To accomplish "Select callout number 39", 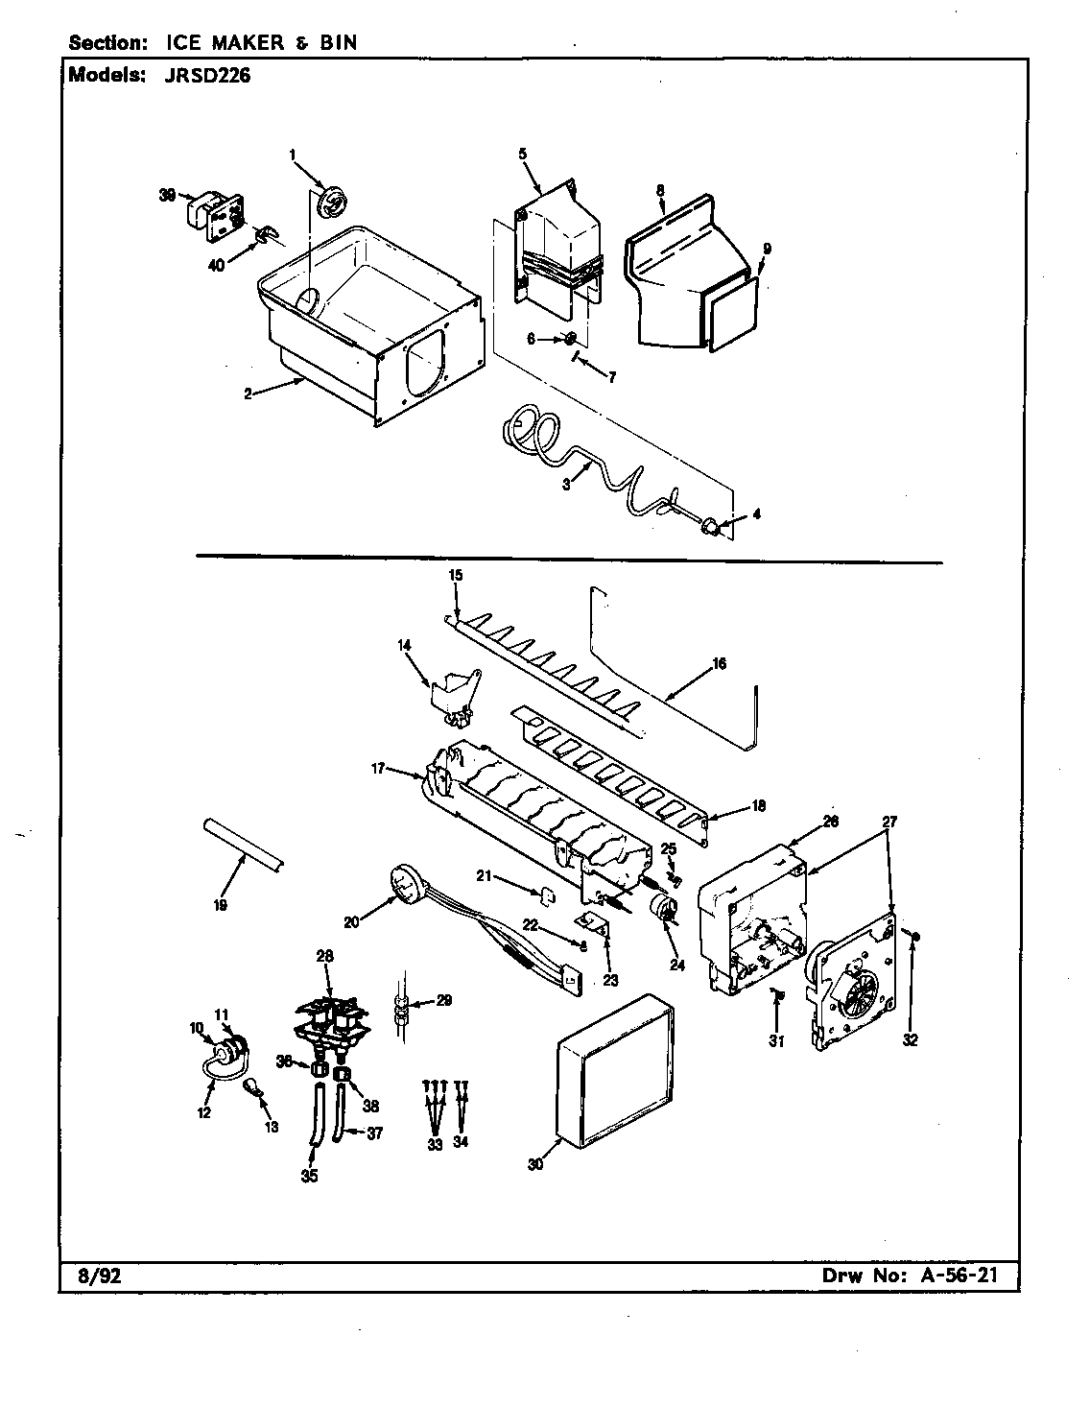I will [167, 194].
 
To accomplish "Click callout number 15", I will [456, 575].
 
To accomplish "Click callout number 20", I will [351, 922].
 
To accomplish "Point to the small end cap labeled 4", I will [713, 524].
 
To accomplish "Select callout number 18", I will [758, 806].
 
